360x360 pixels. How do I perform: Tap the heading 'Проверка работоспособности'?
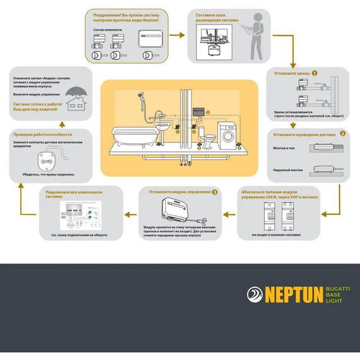(x=43, y=135)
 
